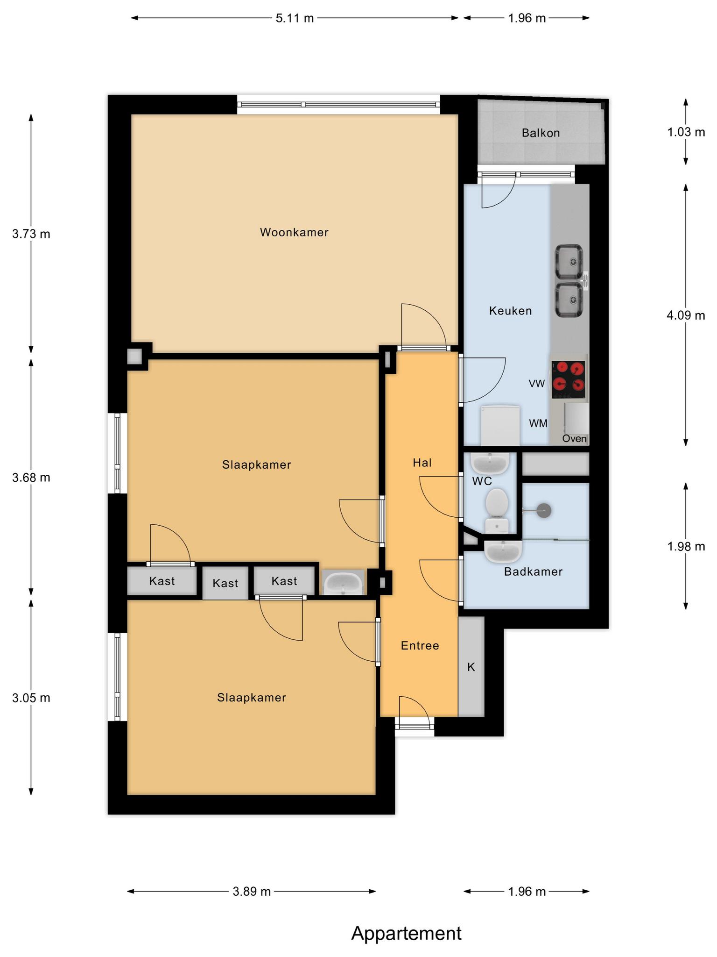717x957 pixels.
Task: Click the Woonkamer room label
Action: [x=294, y=232]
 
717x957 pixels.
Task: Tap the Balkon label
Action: [x=541, y=133]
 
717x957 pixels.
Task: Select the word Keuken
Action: [x=510, y=311]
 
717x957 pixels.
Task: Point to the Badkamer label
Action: [x=533, y=571]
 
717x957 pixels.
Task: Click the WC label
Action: [x=482, y=481]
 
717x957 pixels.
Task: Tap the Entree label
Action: [x=420, y=646]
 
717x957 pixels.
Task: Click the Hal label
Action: [x=422, y=463]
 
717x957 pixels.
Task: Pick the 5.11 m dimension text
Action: [x=295, y=18]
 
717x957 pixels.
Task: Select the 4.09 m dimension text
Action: [x=686, y=315]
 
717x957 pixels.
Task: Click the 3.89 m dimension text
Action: [x=252, y=892]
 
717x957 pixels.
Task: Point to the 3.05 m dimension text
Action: [x=31, y=698]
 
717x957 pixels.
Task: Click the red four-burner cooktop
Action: [x=569, y=379]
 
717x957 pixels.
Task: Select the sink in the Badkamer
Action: [x=503, y=552]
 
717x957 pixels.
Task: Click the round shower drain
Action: [x=544, y=510]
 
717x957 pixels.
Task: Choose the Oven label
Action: [x=574, y=439]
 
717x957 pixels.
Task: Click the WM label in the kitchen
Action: [x=538, y=424]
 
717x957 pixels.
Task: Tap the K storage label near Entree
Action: [x=471, y=667]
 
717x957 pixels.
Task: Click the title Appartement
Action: [x=406, y=933]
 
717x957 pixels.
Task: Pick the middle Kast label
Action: [x=225, y=583]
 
